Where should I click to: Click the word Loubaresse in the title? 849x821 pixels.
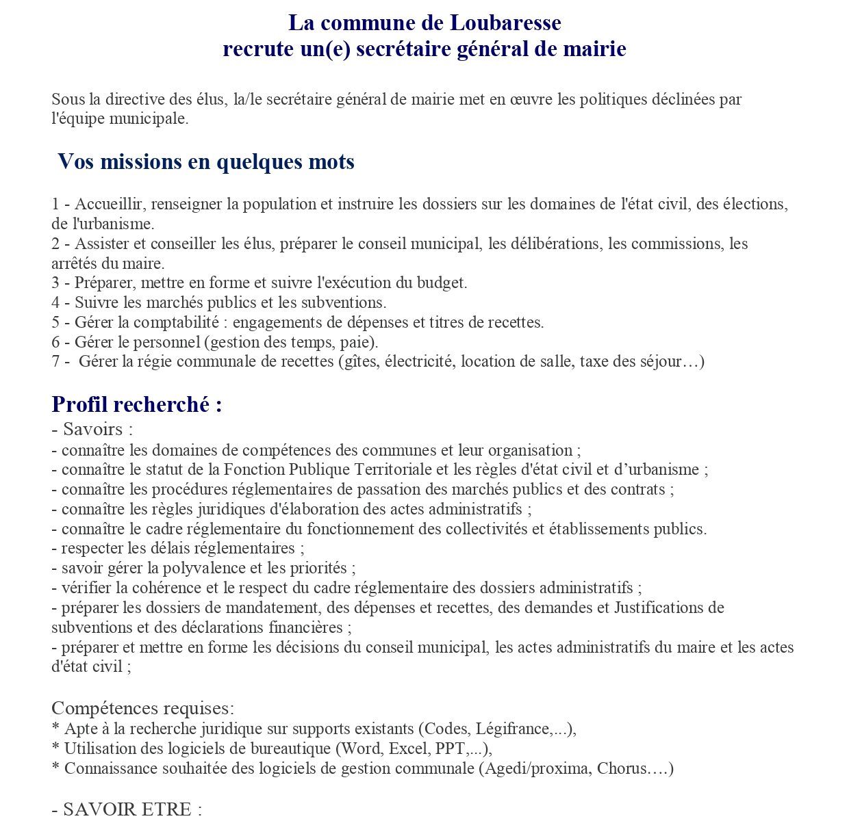505,23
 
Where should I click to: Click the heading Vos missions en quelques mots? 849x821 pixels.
206,162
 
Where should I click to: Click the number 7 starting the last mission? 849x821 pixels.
55,362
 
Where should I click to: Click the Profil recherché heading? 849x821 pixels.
137,404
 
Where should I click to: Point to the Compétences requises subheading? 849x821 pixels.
143,708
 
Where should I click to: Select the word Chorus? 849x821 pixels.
621,769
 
